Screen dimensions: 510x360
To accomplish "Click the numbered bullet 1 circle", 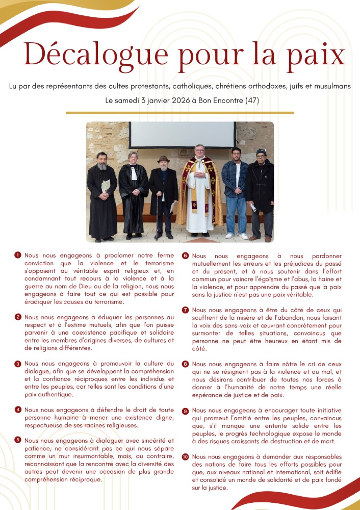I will coord(18,255).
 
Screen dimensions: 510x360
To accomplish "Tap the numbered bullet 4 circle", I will coord(18,410).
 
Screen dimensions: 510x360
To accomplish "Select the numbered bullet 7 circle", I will coord(186,310).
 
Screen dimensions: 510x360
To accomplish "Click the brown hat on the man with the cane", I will coord(163,159).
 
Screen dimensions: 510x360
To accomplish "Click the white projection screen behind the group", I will coord(182,135).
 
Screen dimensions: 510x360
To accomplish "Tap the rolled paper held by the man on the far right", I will coord(253,208).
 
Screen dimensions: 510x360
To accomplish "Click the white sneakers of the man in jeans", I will coord(237,236).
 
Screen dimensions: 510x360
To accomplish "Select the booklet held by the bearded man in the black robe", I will coord(106,186).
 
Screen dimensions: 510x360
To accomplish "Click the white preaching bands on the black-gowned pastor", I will coord(134,174).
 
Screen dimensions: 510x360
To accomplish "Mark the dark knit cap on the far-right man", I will coord(261,152).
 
